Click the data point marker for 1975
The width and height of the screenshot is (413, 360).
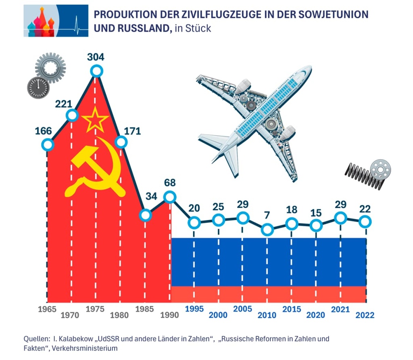96,71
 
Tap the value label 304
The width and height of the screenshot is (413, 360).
96,57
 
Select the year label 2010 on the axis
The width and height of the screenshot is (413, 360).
267,315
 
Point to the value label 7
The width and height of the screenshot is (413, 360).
267,215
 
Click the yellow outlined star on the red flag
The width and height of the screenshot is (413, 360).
95,120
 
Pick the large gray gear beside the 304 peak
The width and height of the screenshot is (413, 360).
50,67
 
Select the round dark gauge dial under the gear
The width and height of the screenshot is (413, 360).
38,87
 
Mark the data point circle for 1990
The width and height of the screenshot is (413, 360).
170,197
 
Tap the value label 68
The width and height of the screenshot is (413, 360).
169,183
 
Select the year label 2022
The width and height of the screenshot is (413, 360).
365,315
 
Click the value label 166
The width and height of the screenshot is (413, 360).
44,131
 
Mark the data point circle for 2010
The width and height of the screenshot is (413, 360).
267,230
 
